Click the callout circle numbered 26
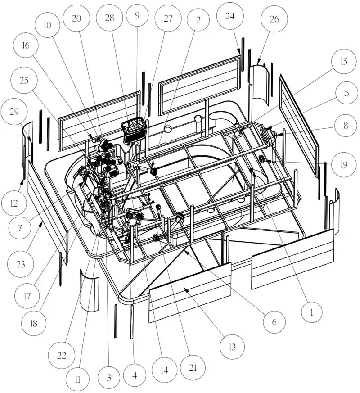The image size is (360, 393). point(274,19)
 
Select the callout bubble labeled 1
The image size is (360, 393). point(312,312)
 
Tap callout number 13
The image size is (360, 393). point(232,347)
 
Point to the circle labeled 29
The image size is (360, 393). point(14,112)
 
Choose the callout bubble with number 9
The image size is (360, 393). point(137,16)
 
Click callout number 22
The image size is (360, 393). point(62,355)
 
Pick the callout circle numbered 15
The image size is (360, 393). point(344,61)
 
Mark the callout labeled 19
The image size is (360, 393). point(344,165)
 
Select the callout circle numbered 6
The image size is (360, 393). point(274,322)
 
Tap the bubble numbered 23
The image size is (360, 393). point(21,264)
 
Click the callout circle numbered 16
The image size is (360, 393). point(26,45)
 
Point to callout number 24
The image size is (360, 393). point(230,16)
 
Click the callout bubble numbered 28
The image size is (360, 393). point(109,18)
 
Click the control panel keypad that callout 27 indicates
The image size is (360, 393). point(134,131)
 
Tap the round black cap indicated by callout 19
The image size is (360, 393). point(261,159)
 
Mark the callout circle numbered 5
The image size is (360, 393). point(346,93)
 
